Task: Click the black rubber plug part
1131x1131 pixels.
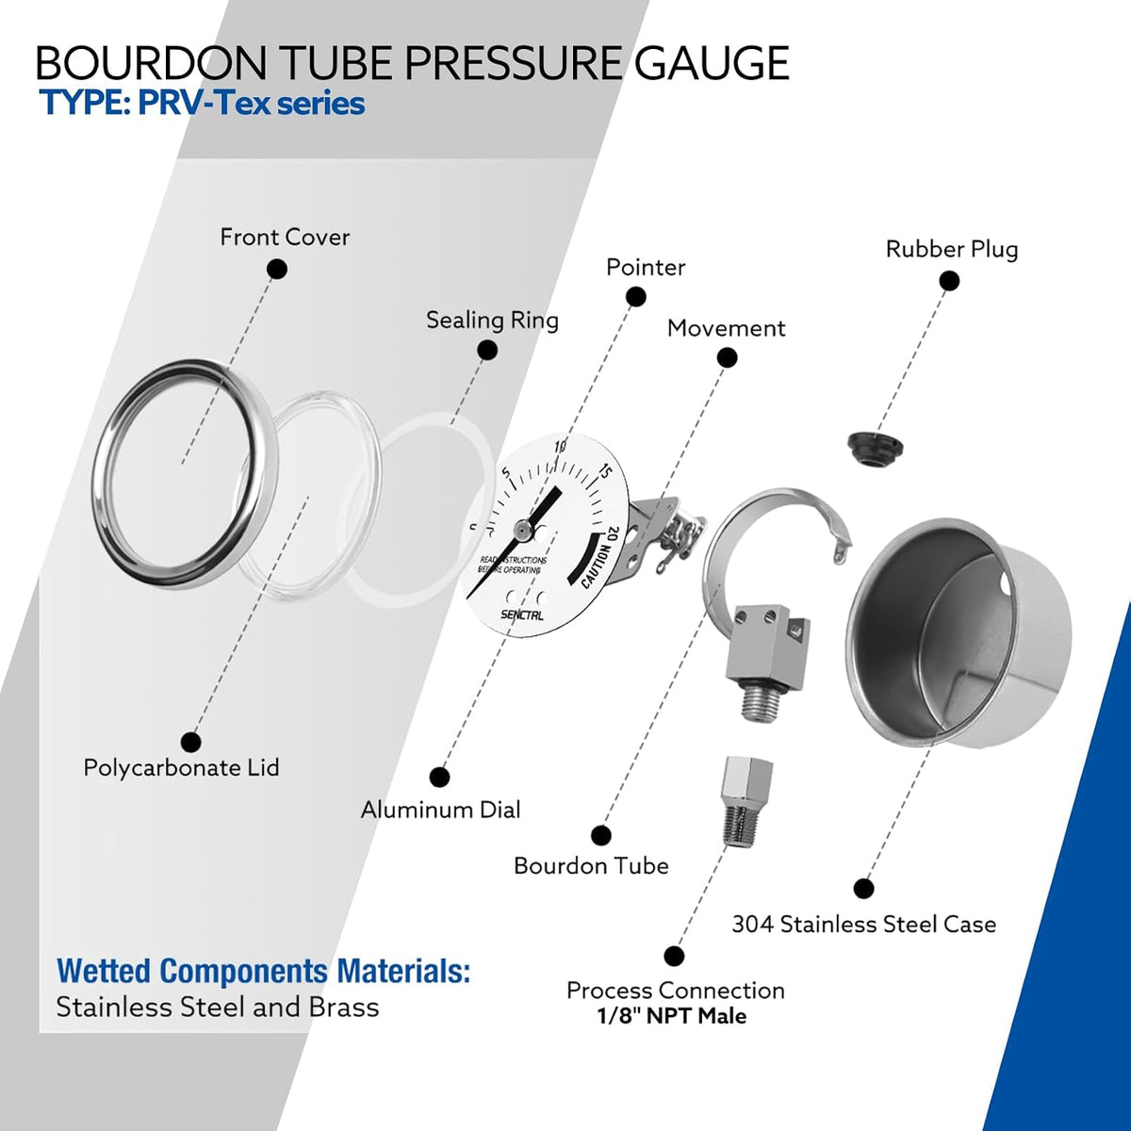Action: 875,448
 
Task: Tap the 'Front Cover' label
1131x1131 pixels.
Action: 285,238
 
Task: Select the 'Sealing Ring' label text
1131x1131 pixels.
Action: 492,320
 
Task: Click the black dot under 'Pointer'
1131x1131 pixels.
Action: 635,296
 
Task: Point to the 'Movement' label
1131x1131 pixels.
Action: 726,328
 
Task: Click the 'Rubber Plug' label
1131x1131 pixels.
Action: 951,249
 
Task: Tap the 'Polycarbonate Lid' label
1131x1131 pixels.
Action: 181,768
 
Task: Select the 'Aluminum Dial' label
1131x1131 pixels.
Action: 440,810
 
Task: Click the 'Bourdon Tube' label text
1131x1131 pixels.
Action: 591,866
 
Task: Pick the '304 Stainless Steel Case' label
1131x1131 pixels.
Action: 864,925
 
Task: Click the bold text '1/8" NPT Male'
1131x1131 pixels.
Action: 672,1016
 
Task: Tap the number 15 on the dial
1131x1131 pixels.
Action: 606,472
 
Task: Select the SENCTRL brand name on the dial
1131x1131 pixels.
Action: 522,615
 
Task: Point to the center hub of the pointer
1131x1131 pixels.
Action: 520,530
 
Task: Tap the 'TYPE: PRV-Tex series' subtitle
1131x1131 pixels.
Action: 202,104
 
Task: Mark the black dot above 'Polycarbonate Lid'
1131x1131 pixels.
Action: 190,742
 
